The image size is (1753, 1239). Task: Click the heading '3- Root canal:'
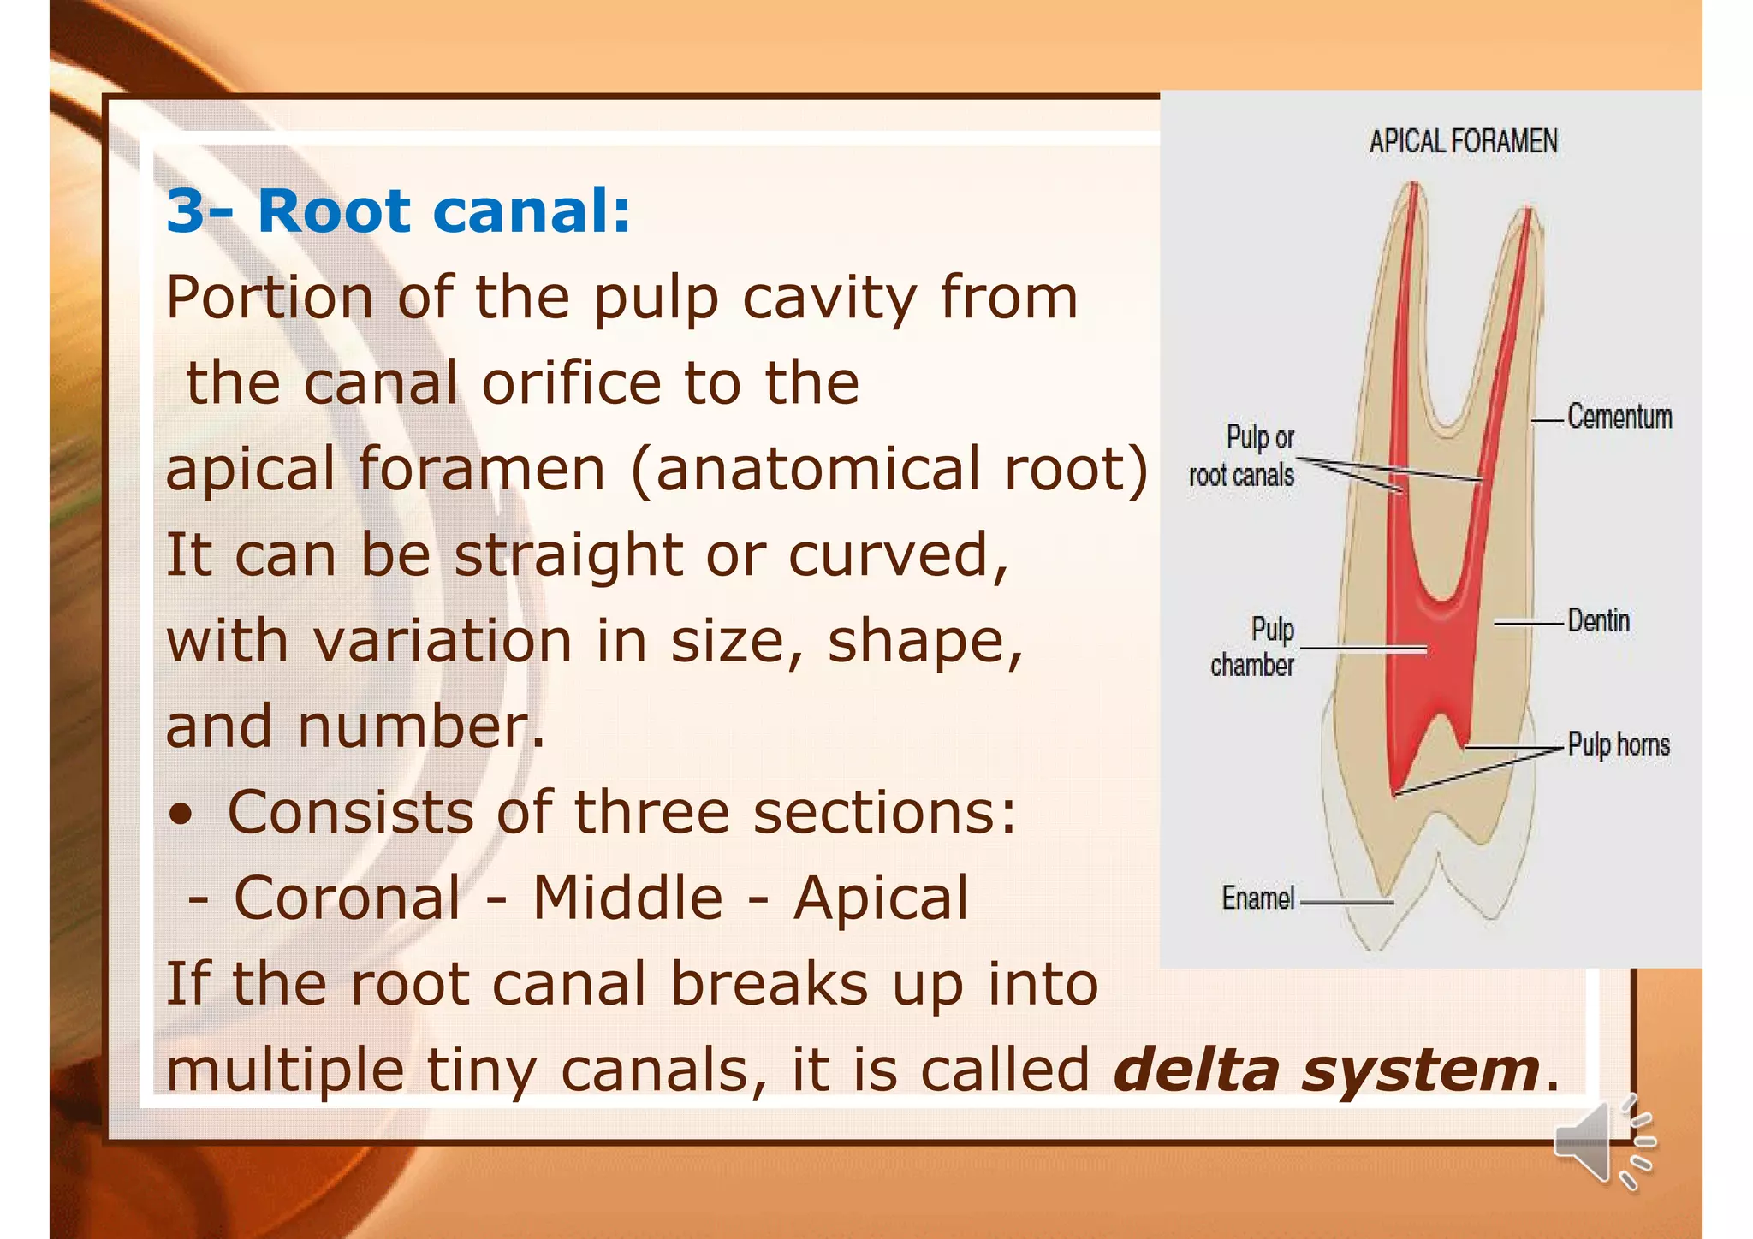[x=398, y=210]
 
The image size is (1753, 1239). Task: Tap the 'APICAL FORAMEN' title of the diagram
[x=1463, y=141]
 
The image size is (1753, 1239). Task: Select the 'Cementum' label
[x=1619, y=418]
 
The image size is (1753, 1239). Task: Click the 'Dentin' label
[x=1598, y=621]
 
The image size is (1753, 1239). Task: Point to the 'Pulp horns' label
[x=1618, y=744]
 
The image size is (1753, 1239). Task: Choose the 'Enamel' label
[x=1257, y=898]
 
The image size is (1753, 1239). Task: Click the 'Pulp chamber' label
[x=1253, y=647]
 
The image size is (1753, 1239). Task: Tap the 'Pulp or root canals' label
[x=1243, y=456]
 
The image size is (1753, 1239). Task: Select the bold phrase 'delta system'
[x=1327, y=1070]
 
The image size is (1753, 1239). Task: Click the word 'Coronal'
[x=347, y=898]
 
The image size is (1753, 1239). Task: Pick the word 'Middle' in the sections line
[x=627, y=898]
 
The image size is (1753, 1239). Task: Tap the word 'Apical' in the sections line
[x=881, y=898]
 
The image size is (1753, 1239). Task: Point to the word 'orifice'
[x=571, y=383]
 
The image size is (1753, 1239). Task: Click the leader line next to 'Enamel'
[x=1346, y=902]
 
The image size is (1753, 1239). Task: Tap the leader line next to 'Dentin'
[x=1529, y=623]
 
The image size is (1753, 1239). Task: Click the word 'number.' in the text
[x=420, y=727]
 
